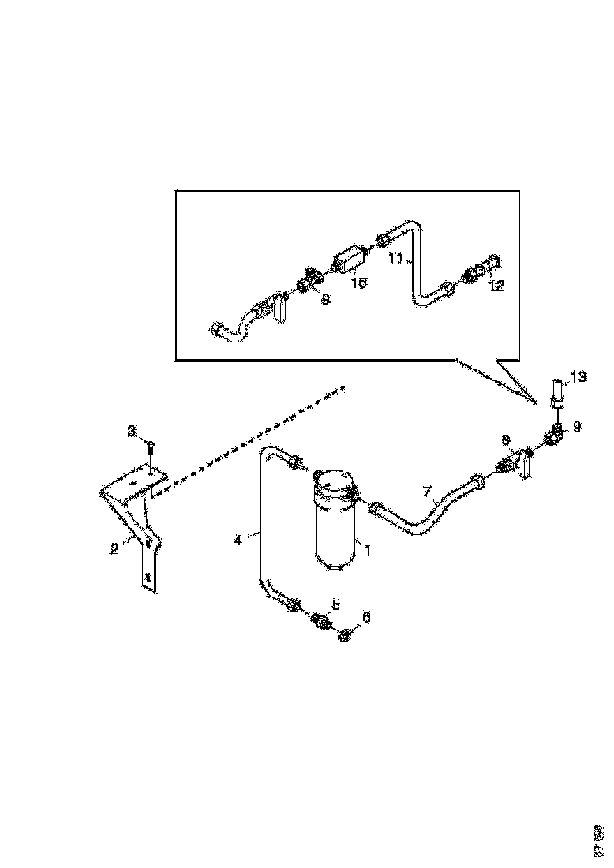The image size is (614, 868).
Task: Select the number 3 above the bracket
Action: (133, 432)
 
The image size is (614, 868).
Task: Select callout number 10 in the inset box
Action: (359, 282)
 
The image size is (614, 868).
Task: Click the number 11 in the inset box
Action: (396, 257)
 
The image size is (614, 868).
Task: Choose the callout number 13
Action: (578, 378)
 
